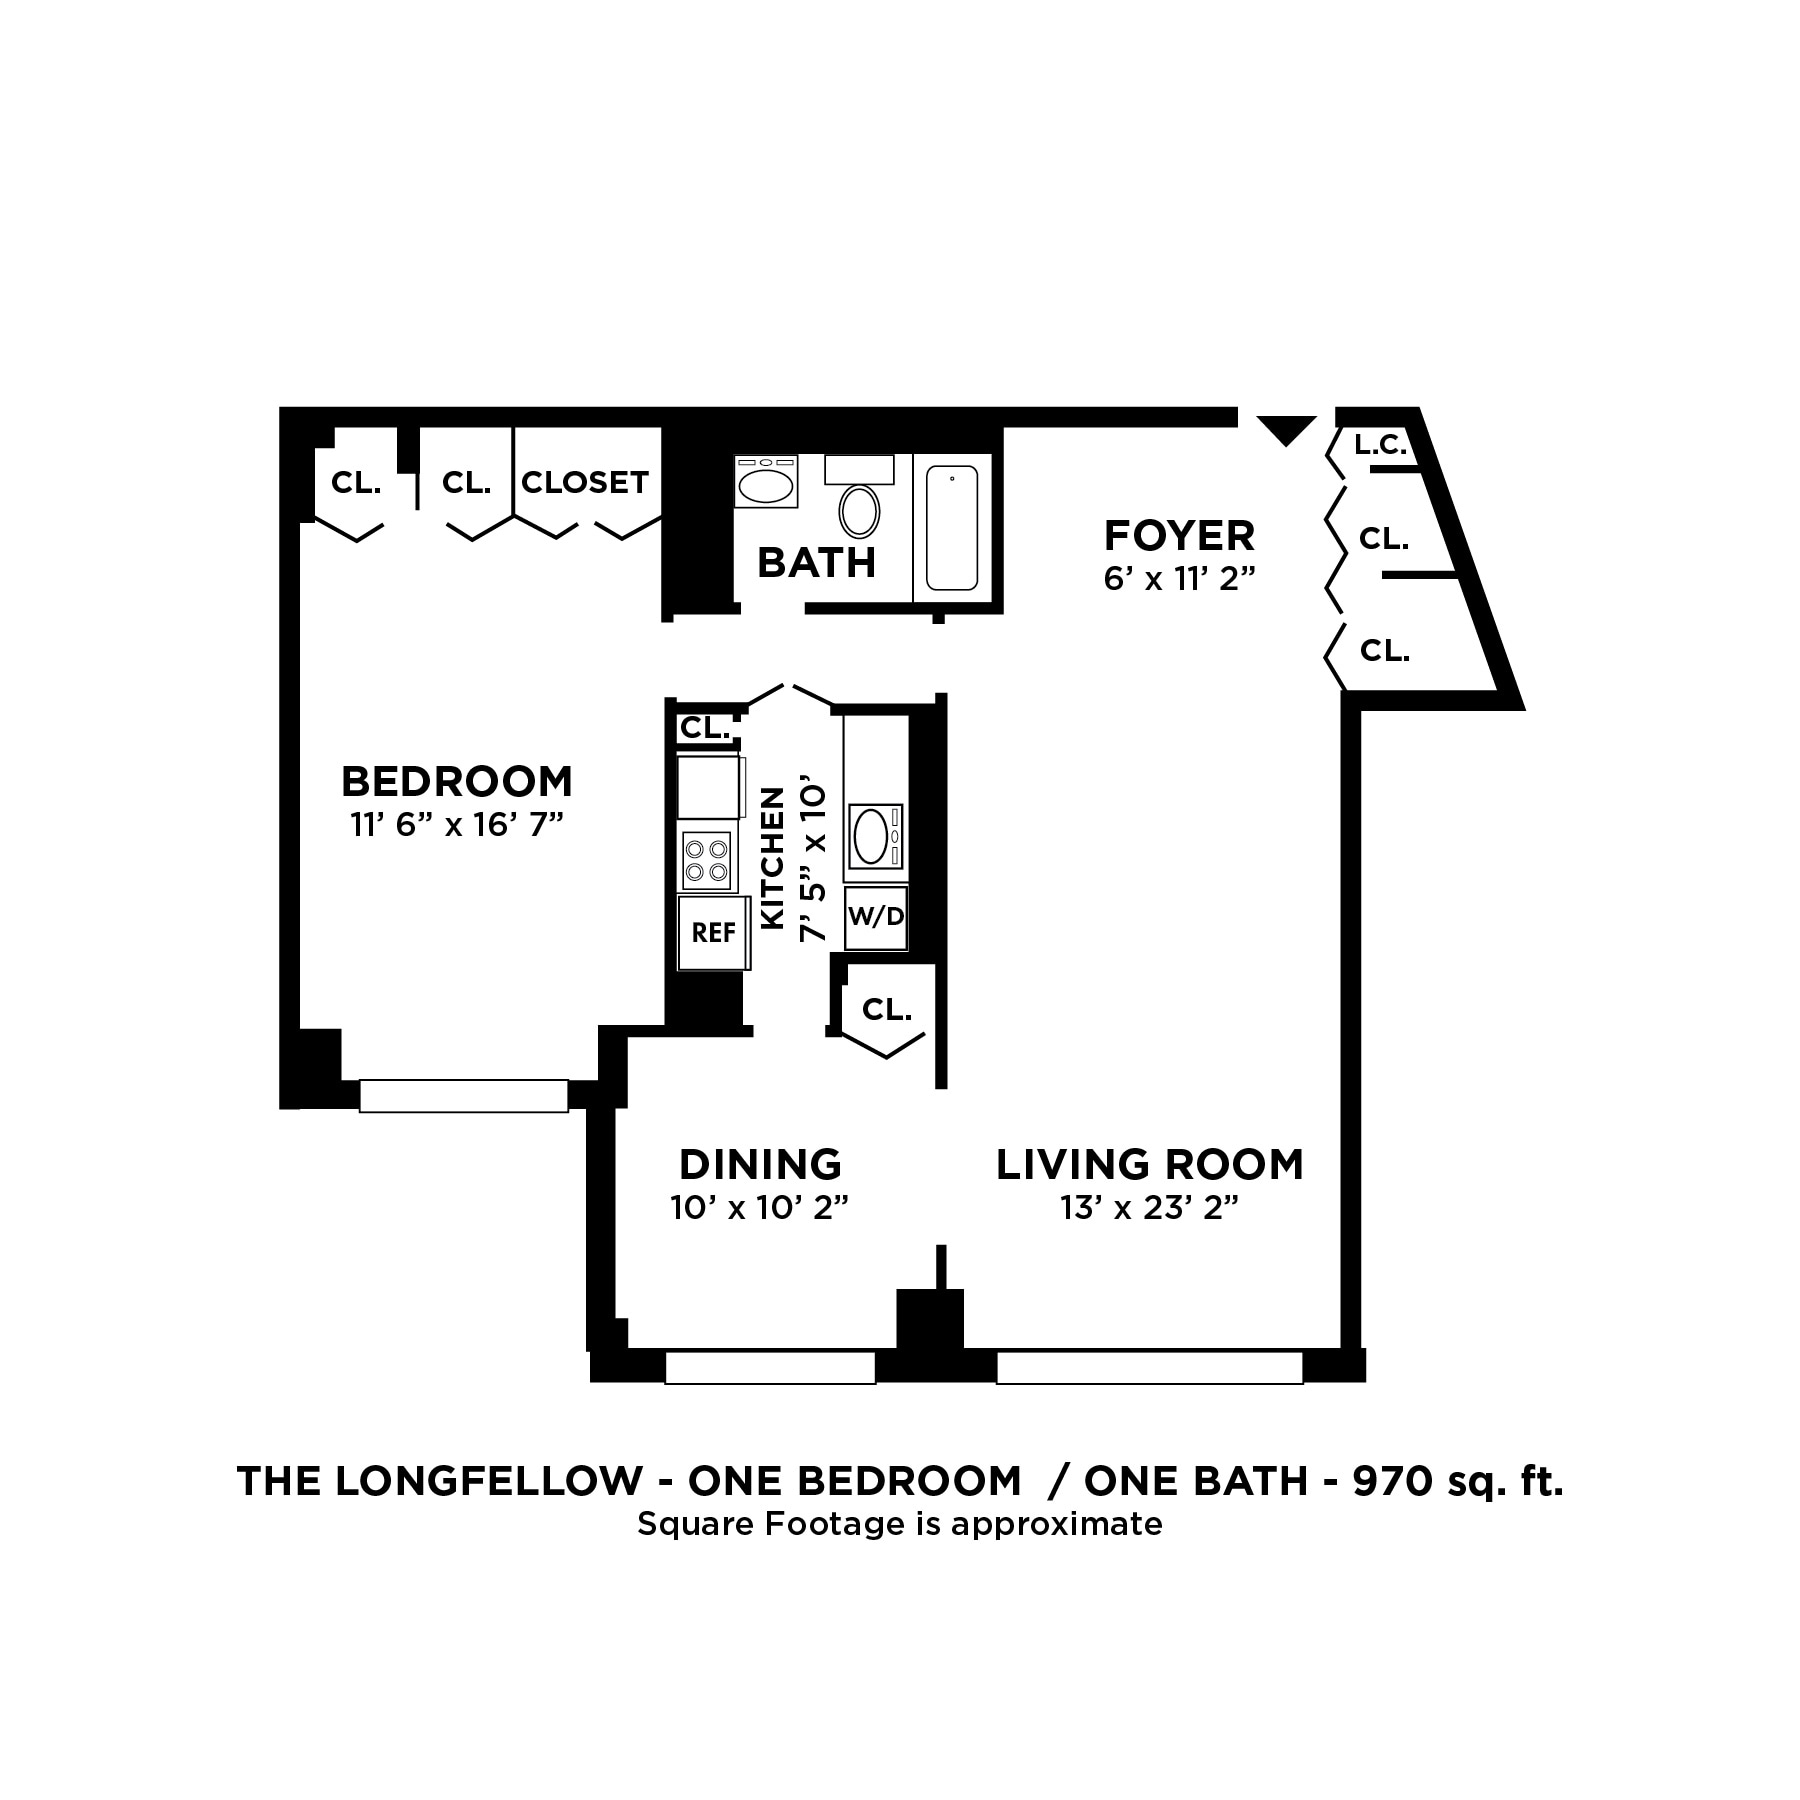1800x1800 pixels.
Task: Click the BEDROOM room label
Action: (x=456, y=781)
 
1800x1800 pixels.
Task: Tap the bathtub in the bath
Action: (x=951, y=527)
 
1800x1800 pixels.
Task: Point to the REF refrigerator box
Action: (x=713, y=932)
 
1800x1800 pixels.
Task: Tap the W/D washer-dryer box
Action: (x=876, y=917)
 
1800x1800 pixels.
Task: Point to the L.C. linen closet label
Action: (x=1380, y=445)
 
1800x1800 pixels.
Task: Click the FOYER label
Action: (x=1179, y=536)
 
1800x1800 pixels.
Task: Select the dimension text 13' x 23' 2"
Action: (x=1150, y=1209)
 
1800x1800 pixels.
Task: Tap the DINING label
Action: (x=760, y=1165)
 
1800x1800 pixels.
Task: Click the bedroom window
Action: (x=464, y=1095)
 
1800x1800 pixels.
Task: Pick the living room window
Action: (x=1150, y=1367)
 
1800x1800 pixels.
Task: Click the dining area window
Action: (x=770, y=1367)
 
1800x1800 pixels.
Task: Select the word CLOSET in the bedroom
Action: (x=585, y=483)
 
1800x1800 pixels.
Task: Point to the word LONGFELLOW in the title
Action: (x=488, y=1481)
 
